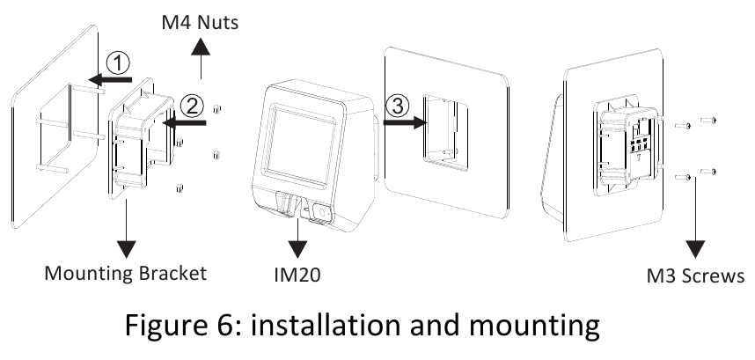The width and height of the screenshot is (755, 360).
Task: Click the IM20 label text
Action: click(297, 275)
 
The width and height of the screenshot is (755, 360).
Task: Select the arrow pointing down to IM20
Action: click(297, 233)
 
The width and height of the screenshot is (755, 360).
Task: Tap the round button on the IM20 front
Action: click(320, 213)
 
